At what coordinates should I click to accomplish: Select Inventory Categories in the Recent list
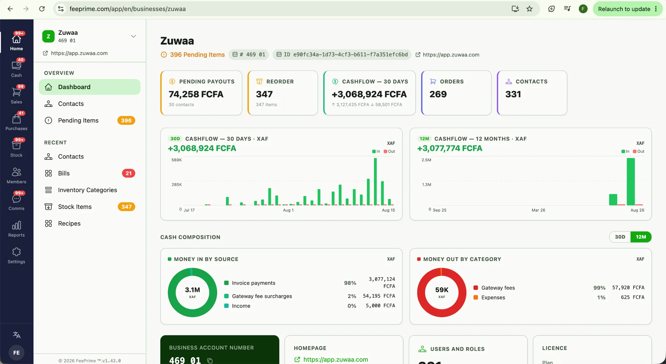[87, 190]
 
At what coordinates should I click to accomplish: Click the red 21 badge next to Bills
[128, 174]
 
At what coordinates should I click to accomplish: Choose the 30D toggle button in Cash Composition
[620, 237]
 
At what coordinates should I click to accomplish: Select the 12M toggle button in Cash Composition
[641, 237]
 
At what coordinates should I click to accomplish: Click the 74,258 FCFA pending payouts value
[196, 94]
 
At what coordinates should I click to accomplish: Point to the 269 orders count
[438, 94]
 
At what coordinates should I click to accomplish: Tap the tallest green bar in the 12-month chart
[631, 181]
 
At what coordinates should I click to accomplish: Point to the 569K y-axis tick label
[177, 160]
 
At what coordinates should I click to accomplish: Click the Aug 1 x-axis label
[288, 210]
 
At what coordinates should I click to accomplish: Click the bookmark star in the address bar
[529, 9]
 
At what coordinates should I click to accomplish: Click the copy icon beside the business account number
[210, 360]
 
